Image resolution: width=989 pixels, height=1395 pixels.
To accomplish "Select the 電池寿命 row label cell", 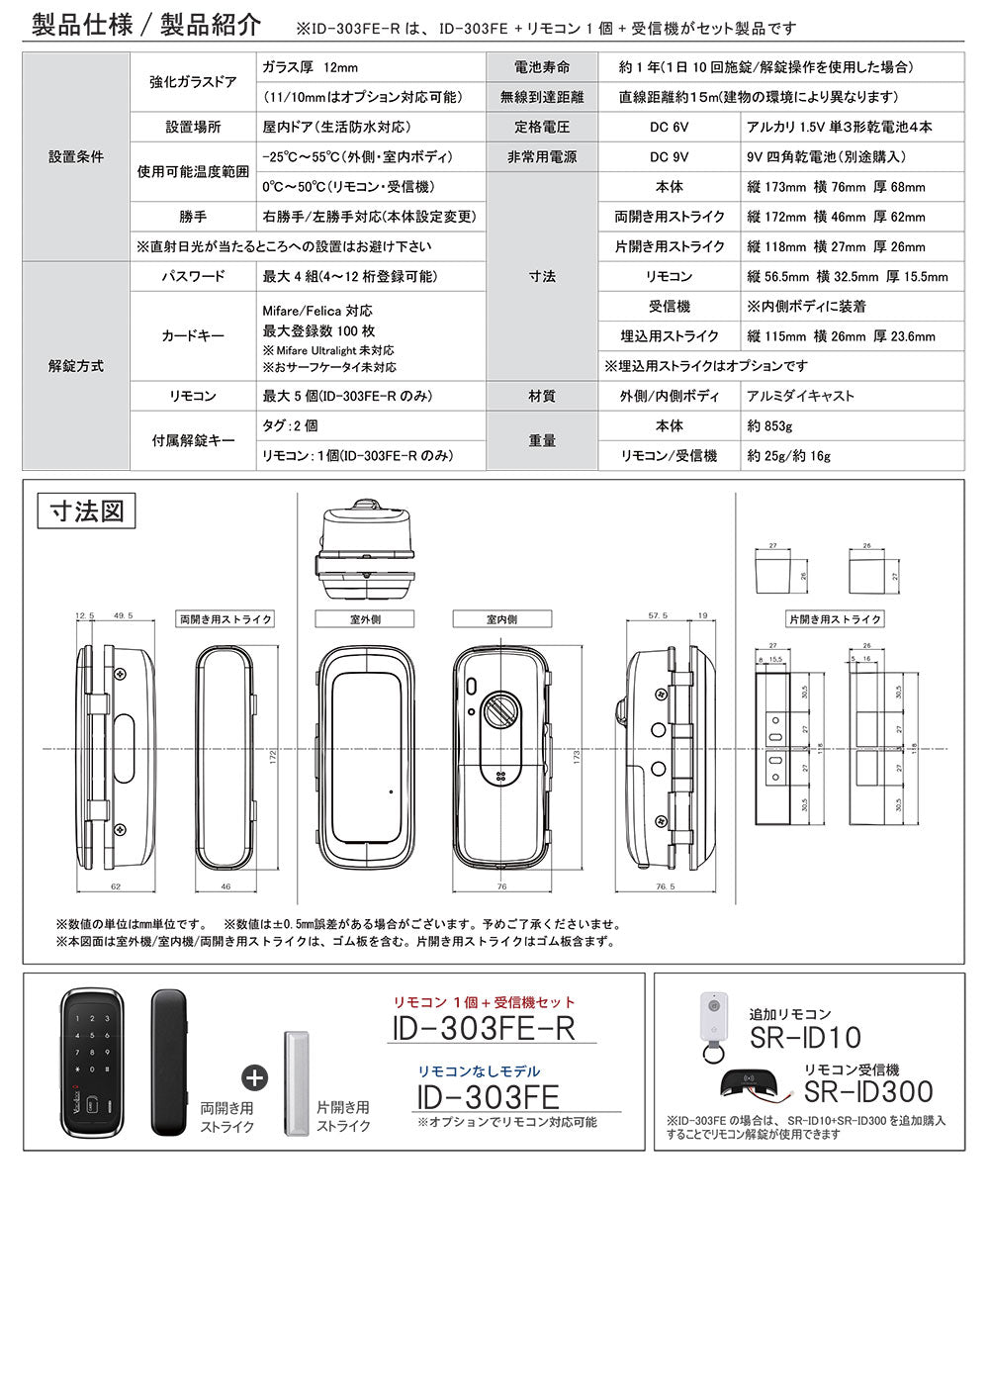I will click(542, 67).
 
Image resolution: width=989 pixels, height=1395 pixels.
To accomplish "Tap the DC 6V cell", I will click(669, 127).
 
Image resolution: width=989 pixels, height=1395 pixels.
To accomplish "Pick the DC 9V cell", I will click(669, 156).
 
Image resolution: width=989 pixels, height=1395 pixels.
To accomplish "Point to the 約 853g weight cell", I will click(770, 425).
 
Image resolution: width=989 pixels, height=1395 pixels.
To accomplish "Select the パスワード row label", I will click(193, 276).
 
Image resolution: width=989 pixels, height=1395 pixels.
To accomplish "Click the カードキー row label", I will click(193, 335).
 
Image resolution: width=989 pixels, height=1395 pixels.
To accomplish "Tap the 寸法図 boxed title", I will click(86, 511).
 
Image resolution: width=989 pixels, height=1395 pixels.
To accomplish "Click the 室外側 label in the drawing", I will click(365, 619).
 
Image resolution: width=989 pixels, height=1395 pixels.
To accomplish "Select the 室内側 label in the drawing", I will click(501, 619).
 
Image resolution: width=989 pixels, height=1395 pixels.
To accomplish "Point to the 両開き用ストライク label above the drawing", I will click(225, 619).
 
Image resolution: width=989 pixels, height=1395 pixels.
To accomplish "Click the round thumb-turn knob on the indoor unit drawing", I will click(501, 709).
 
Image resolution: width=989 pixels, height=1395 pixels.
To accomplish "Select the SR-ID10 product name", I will click(805, 1038).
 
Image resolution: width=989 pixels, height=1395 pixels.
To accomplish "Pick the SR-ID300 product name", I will click(868, 1092).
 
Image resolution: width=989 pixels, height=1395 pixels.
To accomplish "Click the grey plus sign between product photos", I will click(254, 1077).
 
